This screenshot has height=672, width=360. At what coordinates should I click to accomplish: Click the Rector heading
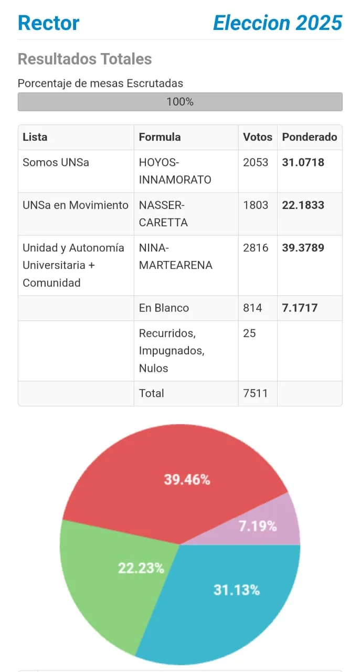click(48, 23)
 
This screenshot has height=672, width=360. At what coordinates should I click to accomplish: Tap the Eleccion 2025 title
click(278, 23)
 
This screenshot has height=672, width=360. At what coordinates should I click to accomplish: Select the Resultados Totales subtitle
click(84, 59)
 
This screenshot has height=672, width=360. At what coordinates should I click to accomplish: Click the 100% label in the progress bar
click(180, 102)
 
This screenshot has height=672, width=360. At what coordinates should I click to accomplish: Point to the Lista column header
click(35, 137)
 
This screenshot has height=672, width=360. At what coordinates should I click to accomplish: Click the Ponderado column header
click(309, 137)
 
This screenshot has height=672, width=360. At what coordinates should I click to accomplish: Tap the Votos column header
click(257, 137)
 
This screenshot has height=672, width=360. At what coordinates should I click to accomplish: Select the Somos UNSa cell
click(56, 162)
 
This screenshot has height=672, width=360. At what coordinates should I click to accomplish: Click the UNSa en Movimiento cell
click(75, 205)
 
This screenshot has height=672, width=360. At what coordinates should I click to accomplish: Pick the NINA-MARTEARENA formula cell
click(175, 256)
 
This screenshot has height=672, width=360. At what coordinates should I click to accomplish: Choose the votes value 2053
click(256, 162)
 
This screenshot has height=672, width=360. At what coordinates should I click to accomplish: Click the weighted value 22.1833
click(303, 205)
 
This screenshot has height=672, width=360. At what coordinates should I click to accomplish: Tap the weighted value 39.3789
click(303, 248)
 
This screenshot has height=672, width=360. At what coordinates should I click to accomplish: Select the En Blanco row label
click(164, 308)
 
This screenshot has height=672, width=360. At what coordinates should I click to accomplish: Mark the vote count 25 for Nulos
click(249, 333)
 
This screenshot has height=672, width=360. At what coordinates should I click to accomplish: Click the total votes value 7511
click(256, 393)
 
